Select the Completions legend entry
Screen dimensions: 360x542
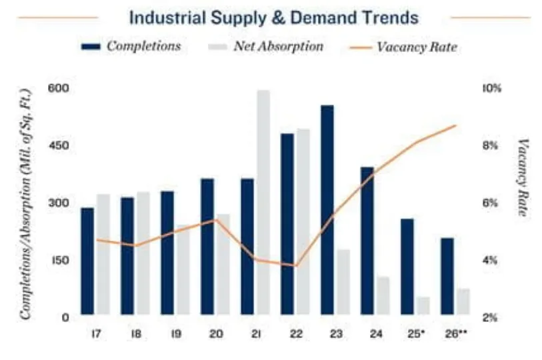pos(131,47)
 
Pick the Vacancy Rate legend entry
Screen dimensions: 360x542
pos(404,47)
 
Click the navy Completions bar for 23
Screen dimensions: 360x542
pos(327,209)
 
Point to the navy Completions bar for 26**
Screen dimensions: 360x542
pos(447,276)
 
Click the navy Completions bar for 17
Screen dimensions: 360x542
pos(87,261)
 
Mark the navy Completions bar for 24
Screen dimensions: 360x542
pos(367,240)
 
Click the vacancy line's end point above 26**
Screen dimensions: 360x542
pos(456,125)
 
